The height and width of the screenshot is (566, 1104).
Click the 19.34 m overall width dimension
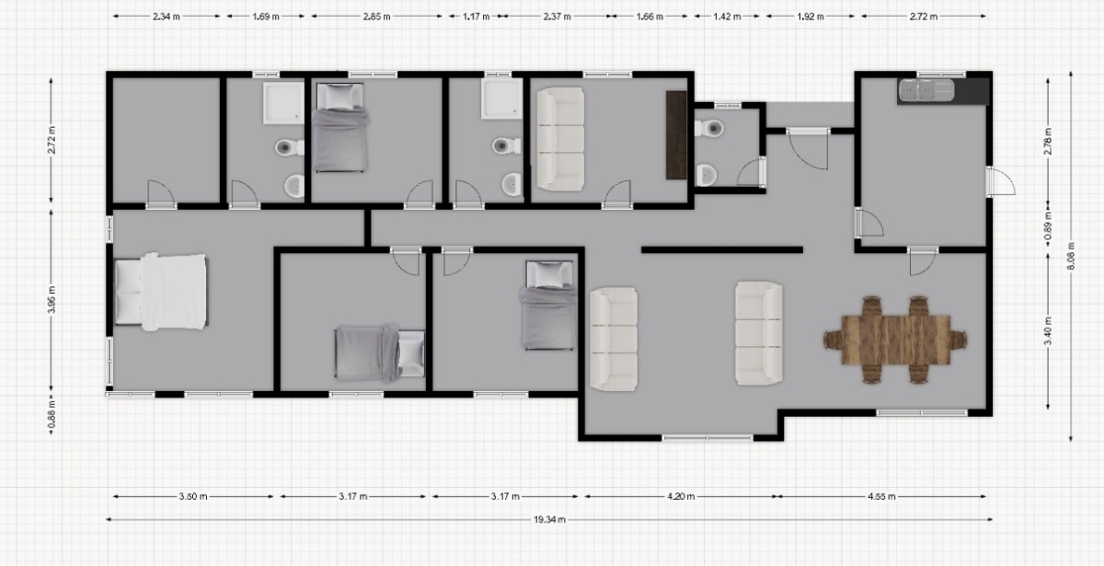549,519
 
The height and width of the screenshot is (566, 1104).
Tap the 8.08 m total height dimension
1071,257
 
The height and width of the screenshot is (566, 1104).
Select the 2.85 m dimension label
376,17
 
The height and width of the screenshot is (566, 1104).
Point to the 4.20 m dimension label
681,496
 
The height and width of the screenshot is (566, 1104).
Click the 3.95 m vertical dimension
52,299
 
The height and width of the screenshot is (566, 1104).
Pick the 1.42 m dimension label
727,17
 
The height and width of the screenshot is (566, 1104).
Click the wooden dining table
896,340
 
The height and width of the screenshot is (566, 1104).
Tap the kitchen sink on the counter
926,90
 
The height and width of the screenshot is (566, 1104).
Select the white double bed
161,292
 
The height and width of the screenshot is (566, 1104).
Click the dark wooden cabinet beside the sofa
676,134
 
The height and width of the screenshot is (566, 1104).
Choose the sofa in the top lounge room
560,139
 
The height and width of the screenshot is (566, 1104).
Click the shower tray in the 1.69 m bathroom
283,102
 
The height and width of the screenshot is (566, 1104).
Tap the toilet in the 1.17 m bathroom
506,145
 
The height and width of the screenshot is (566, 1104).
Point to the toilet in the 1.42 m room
709,128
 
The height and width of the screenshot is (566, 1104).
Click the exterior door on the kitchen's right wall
1001,181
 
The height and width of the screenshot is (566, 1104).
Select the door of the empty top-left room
161,194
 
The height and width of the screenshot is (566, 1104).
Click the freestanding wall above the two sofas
722,250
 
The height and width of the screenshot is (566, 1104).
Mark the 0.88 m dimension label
52,414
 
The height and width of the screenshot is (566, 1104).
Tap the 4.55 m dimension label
881,496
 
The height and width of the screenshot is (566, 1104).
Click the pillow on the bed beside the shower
339,96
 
